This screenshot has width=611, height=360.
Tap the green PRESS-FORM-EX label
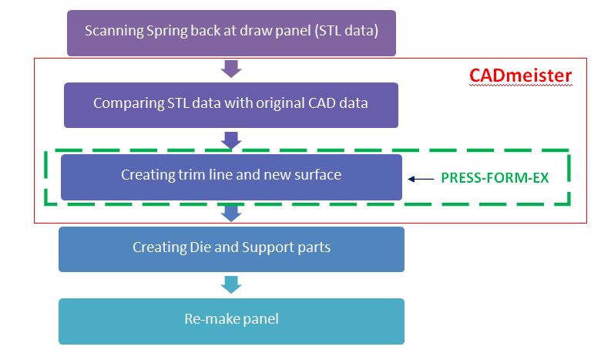pos(495,178)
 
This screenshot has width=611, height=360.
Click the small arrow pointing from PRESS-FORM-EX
pos(421,179)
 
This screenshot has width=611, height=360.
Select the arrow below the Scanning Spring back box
pos(231,69)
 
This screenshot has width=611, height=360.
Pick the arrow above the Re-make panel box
pos(231,284)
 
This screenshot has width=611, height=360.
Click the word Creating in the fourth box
pos(156,248)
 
